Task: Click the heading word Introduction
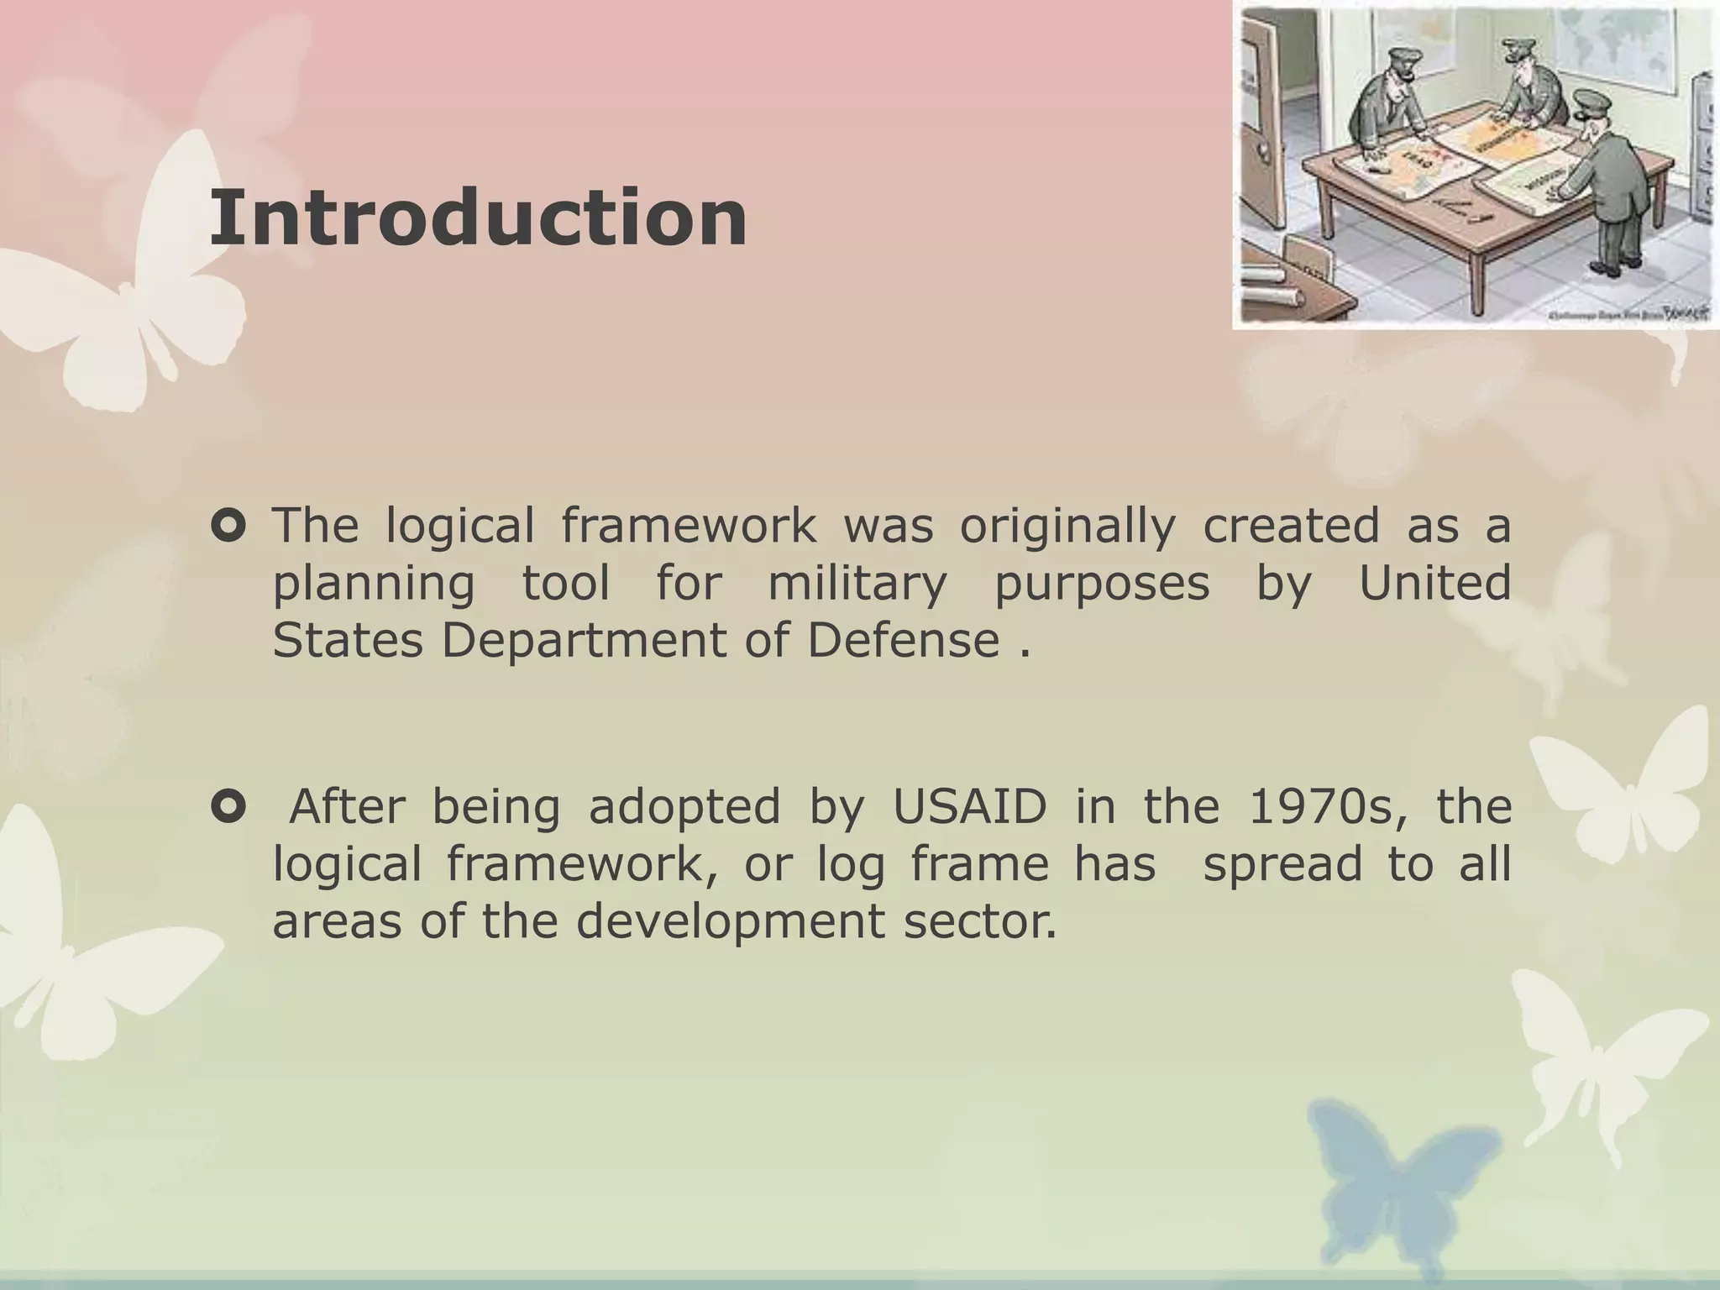tap(478, 218)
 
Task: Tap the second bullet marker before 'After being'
tap(228, 808)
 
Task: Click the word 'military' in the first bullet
tap(857, 585)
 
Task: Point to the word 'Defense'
tap(904, 641)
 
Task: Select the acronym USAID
tap(969, 807)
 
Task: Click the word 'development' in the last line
tap(730, 921)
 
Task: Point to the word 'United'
tap(1434, 584)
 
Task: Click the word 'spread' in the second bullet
tap(1282, 864)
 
